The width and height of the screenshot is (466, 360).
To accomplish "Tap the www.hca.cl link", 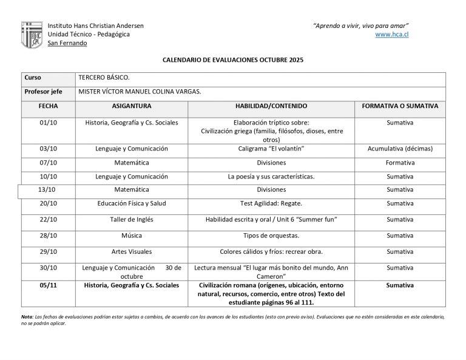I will tap(392, 35).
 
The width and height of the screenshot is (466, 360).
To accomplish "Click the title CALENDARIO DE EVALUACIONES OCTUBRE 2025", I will tap(233, 61).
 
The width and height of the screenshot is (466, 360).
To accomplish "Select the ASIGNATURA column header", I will tap(132, 106).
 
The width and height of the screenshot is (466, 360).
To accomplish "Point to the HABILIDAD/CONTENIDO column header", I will tap(271, 106).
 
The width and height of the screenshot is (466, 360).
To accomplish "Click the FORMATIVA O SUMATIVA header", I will tap(399, 106).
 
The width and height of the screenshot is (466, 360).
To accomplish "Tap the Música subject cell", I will tap(132, 236).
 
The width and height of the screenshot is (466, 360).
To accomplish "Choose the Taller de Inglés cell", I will tap(132, 219).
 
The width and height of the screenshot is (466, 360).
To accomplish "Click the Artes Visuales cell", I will tap(132, 251).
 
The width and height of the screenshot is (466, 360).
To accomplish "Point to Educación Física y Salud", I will tap(132, 203).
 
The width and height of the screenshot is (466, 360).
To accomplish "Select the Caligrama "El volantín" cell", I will tap(271, 149).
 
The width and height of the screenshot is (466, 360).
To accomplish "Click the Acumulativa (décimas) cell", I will tap(399, 149).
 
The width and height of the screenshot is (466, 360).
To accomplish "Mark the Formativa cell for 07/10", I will tap(399, 163).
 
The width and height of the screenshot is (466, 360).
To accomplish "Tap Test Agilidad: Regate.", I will tap(271, 203).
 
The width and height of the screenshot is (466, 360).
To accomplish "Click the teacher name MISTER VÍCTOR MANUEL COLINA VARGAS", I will tap(140, 92).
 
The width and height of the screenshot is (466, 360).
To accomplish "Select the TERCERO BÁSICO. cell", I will tap(104, 78).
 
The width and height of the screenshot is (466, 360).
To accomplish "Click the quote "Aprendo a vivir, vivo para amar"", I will tap(360, 25).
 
